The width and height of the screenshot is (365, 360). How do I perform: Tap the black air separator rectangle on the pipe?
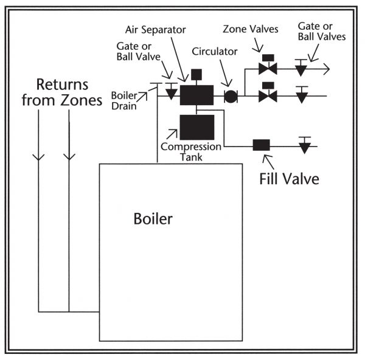196,95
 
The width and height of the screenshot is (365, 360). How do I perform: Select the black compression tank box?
196,126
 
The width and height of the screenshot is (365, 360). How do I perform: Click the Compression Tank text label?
190,152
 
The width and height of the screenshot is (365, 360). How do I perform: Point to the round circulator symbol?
231,96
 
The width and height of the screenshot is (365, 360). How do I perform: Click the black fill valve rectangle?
261,146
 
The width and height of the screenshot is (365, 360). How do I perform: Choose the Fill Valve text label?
290,179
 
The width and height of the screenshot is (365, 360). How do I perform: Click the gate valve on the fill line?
304,146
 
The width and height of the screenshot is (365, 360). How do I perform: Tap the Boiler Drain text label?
124,100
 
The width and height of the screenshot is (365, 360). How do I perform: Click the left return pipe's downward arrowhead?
39,157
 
